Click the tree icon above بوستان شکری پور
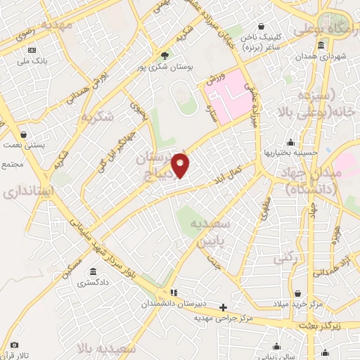click(x=165, y=56)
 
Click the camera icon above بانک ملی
click(x=32, y=50)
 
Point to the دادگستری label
click(x=93, y=283)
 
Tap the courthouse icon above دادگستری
click(x=93, y=272)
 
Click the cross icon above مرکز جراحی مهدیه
click(x=224, y=307)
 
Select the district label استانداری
click(x=24, y=191)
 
